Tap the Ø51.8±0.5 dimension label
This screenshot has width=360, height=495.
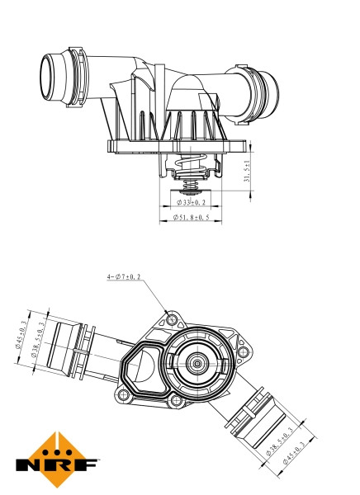point(190,218)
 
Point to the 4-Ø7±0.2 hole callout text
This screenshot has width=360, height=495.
point(123,276)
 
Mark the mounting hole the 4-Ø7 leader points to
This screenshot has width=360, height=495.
point(171,318)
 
